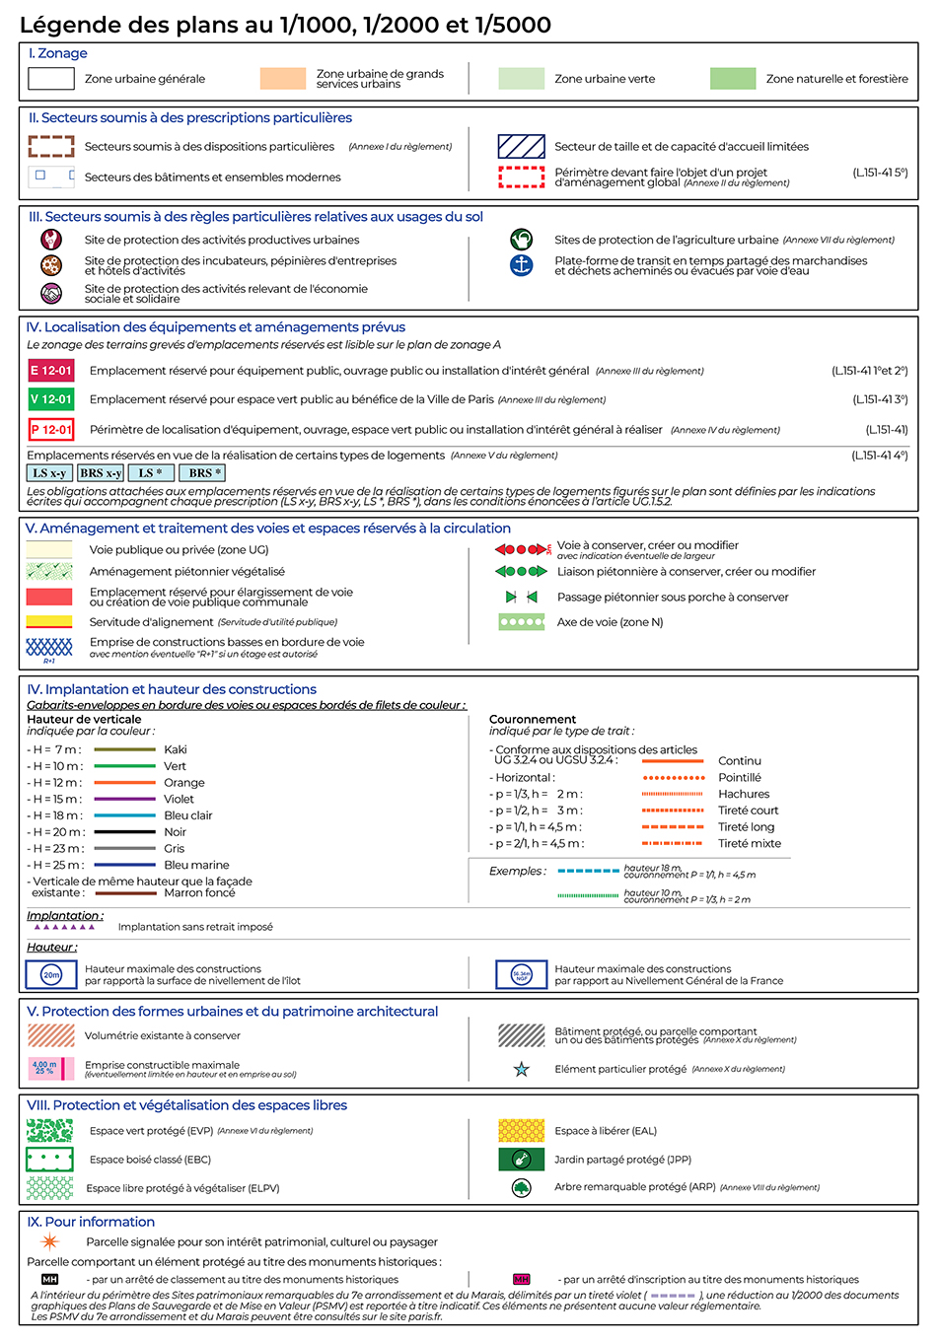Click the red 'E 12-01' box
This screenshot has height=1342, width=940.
coord(51,371)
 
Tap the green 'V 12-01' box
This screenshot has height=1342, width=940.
coord(51,399)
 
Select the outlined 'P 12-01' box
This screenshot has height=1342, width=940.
coord(51,430)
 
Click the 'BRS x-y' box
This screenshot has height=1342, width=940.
coord(101,473)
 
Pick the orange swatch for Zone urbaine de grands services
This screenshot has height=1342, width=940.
coord(283,79)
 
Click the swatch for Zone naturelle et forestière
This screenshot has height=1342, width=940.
coord(733,79)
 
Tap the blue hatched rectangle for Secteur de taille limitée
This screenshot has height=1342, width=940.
coord(521,147)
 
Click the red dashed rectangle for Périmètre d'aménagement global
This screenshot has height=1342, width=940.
coord(521,177)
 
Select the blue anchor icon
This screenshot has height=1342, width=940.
coord(521,265)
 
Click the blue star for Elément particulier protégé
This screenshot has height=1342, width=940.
coord(522,1069)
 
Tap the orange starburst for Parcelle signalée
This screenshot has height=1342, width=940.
coord(49,1241)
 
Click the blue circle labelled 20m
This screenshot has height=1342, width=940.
coord(51,974)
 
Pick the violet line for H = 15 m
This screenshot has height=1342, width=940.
coord(124,799)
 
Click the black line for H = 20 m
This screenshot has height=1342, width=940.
coord(124,832)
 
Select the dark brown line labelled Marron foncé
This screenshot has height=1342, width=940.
coord(124,893)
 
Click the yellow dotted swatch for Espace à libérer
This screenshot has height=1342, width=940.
coord(522,1131)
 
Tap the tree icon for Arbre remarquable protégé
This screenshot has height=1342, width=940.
coord(522,1188)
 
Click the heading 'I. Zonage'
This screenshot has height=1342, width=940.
coord(58,53)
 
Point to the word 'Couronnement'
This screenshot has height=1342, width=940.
coord(533,720)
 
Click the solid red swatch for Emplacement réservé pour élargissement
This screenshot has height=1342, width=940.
coord(49,597)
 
